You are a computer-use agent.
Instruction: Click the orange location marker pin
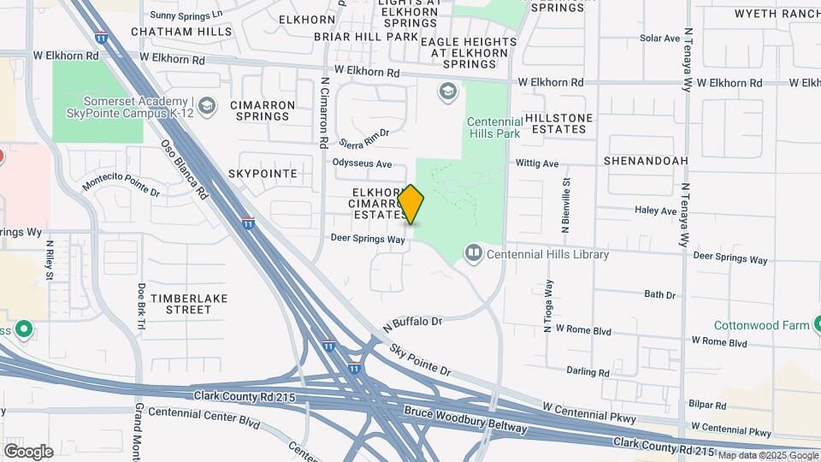tap(411, 204)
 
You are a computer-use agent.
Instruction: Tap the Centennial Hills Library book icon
tap(473, 253)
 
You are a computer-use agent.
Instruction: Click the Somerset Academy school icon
tap(206, 105)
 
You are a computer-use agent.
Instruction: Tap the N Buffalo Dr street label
tap(413, 323)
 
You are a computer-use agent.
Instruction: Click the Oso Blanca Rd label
tap(185, 169)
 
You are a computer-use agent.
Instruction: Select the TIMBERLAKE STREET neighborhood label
tap(180, 303)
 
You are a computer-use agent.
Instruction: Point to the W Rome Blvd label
tap(585, 328)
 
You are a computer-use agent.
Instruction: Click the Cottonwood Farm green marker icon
tap(817, 324)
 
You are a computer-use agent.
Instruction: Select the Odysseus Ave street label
tap(362, 163)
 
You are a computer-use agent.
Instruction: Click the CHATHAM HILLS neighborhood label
tap(181, 32)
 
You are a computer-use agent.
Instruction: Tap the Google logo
tap(28, 451)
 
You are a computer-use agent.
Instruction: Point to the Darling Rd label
tap(588, 372)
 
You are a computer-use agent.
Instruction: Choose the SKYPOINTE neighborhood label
tap(263, 173)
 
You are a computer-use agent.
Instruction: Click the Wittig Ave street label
tap(537, 163)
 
